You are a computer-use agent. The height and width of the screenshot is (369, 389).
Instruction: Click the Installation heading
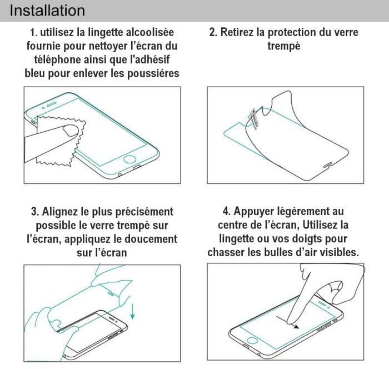tap(47, 11)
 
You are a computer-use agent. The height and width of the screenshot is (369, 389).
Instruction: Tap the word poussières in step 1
tap(153, 73)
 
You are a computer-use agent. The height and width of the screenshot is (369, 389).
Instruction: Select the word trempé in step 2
tap(284, 47)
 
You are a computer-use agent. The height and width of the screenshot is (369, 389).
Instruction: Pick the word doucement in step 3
tap(151, 239)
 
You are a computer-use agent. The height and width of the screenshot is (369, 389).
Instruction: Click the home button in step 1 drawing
tap(129, 159)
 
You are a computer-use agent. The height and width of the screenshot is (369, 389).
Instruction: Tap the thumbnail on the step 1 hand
tap(71, 130)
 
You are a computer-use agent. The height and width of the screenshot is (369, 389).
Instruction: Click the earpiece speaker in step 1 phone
tap(52, 104)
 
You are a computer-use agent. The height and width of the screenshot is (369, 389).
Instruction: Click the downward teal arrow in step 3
tap(133, 311)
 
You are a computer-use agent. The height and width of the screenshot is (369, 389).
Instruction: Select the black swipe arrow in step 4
tap(287, 322)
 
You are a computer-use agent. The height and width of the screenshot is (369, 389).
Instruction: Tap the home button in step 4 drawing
tap(252, 340)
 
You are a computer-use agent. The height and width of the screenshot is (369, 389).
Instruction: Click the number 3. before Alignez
tap(34, 212)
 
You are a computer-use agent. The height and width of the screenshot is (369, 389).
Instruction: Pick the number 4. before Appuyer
tap(227, 212)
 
